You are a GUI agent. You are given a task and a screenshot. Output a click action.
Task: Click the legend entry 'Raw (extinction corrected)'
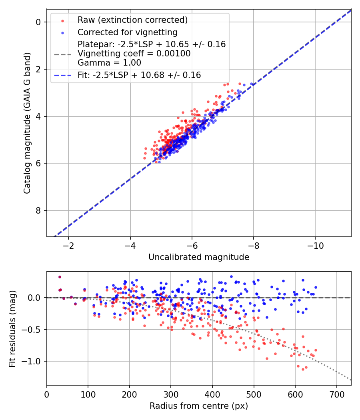click(x=132, y=20)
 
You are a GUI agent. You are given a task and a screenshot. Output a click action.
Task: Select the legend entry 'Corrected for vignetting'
click(x=127, y=32)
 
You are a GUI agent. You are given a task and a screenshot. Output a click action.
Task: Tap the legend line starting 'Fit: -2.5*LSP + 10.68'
click(x=139, y=75)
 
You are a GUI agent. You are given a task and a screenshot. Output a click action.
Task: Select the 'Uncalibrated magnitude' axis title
click(x=199, y=257)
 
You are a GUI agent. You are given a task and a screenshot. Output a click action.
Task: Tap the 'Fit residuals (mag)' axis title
click(x=12, y=328)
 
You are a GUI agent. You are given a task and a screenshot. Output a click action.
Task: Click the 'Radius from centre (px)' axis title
click(x=199, y=406)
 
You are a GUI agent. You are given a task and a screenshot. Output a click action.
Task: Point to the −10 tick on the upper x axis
click(x=315, y=244)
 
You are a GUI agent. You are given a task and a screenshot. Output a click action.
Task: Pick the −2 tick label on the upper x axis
click(x=68, y=244)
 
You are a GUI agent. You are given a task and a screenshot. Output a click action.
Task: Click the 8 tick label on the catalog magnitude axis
click(x=38, y=210)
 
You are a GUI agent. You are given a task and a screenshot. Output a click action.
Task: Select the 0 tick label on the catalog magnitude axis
click(x=38, y=22)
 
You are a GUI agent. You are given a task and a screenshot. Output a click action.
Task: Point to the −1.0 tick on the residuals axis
click(x=34, y=361)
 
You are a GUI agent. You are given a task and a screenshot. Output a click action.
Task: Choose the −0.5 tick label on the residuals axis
click(x=34, y=330)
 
